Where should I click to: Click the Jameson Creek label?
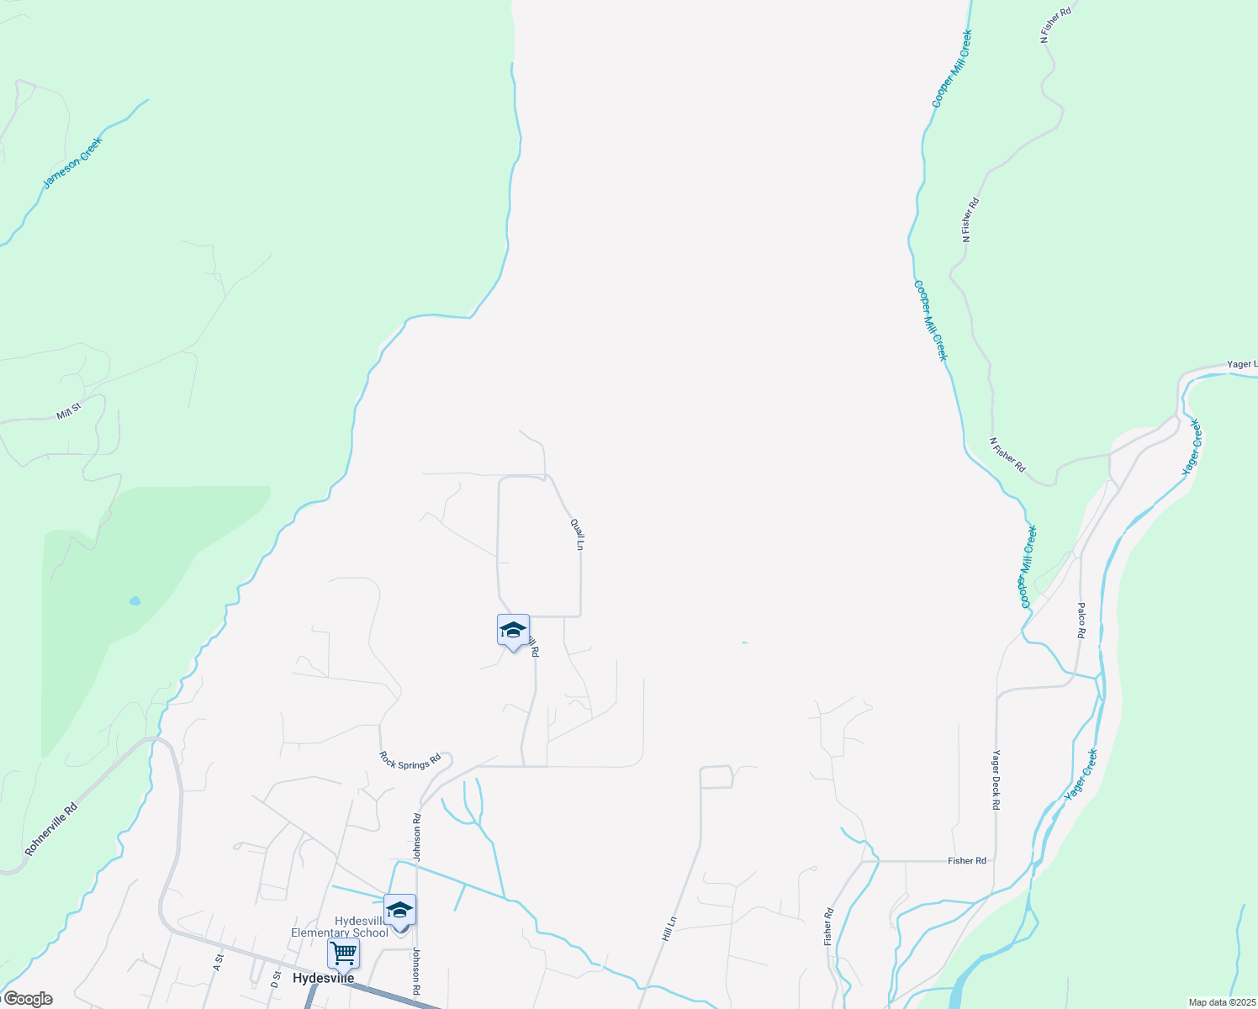[71, 162]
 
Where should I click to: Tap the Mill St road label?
[68, 411]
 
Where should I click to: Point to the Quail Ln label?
[577, 534]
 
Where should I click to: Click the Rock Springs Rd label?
[410, 760]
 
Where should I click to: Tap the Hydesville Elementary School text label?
[340, 927]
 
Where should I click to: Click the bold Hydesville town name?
[320, 979]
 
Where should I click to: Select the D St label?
[274, 980]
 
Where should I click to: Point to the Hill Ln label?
[669, 929]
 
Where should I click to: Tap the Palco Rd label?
[1081, 621]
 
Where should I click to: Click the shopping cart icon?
[343, 954]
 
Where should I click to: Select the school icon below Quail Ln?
[513, 630]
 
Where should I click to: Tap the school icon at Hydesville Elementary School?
[399, 910]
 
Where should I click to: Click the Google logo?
[27, 999]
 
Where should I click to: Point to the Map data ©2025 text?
[1222, 1002]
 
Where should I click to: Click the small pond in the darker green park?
[135, 601]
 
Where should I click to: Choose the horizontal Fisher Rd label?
[966, 861]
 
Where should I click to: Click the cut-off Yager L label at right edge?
[1241, 364]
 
